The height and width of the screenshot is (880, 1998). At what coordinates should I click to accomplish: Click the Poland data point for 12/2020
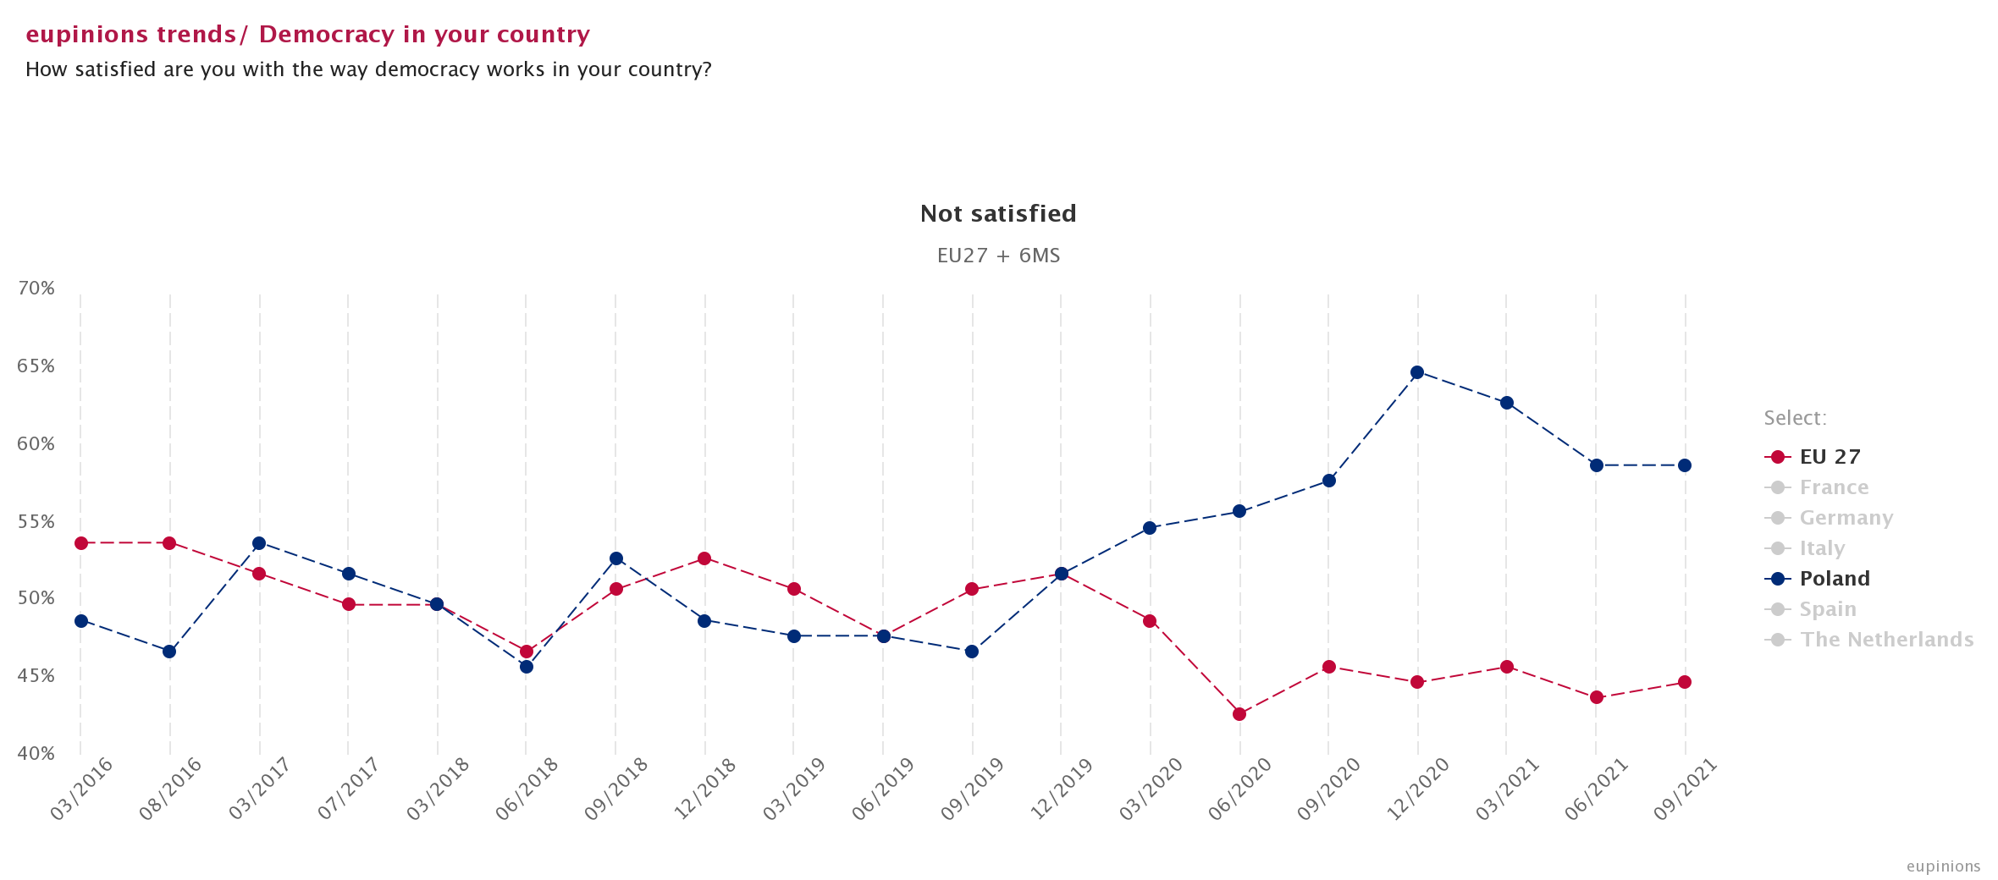point(1417,372)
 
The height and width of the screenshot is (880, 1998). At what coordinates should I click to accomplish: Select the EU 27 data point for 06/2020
point(1239,714)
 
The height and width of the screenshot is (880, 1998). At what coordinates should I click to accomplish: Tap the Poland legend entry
point(1834,579)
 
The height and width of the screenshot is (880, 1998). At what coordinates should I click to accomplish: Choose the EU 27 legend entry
point(1830,457)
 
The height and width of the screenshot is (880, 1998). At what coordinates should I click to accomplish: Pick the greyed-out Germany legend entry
point(1846,518)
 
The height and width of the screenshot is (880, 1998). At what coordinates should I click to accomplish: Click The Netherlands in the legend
point(1886,640)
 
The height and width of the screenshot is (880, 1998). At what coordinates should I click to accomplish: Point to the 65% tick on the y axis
point(36,366)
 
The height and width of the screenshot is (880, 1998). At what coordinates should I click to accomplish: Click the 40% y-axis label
point(36,753)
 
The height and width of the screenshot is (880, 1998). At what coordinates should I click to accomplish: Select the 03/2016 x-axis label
point(82,789)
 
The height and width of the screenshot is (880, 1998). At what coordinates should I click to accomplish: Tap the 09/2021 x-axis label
point(1686,789)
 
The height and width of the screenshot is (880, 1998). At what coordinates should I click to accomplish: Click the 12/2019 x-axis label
point(1062,789)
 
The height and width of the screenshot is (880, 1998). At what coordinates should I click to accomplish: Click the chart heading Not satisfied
point(998,213)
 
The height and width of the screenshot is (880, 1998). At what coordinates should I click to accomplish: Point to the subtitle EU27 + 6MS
point(998,256)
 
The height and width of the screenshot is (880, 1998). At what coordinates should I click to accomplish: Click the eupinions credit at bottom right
point(1943,866)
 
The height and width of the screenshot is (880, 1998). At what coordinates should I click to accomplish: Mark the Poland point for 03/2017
point(259,543)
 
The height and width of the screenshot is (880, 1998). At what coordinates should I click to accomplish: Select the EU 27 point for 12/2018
point(704,558)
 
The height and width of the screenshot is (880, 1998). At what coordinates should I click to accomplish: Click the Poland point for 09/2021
point(1685,465)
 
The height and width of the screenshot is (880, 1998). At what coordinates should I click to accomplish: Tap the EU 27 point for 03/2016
point(81,543)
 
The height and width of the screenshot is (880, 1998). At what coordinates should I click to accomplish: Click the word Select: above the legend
point(1795,418)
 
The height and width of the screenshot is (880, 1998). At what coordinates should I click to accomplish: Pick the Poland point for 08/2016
point(169,652)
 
